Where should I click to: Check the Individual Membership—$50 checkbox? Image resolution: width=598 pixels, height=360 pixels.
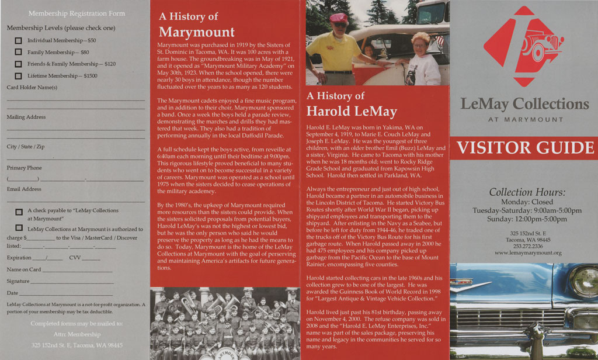click(18, 40)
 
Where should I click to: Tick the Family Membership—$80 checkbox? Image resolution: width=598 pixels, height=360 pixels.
click(18, 52)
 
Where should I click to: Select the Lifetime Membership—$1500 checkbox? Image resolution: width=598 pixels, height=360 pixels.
click(18, 75)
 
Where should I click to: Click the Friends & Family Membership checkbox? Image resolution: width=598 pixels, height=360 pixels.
click(18, 64)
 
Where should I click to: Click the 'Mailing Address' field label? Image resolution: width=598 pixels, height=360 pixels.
click(26, 117)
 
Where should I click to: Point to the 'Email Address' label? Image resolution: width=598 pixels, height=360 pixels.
click(24, 189)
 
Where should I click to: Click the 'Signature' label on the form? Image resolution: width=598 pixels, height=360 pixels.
click(18, 281)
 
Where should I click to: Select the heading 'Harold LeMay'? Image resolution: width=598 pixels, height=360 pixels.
click(352, 111)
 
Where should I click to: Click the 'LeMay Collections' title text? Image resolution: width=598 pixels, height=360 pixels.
click(524, 104)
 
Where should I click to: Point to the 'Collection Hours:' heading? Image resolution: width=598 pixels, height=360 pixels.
click(527, 192)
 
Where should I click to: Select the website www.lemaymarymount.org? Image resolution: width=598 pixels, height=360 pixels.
click(527, 253)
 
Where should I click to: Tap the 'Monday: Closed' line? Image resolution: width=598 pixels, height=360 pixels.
click(527, 202)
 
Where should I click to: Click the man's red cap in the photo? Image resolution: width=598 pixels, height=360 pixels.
click(339, 18)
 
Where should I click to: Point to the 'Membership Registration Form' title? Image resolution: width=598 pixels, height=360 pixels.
click(77, 13)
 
